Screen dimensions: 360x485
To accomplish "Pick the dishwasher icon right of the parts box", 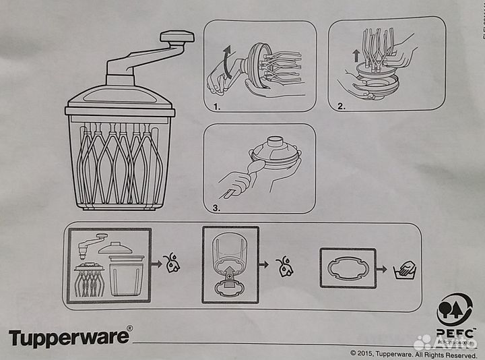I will (x=173, y=262).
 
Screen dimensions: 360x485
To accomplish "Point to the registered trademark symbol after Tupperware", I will (x=130, y=329).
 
